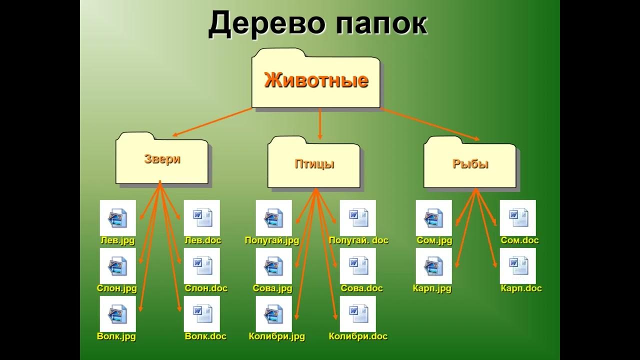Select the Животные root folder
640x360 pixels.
coord(316,80)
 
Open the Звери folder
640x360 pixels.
coord(162,159)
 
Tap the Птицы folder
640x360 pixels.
coord(314,164)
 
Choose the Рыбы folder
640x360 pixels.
coord(470,164)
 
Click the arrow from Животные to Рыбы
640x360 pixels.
coord(430,124)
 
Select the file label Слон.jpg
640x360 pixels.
coord(117,288)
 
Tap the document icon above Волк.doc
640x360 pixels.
coord(202,314)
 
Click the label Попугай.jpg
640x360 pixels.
coord(271,240)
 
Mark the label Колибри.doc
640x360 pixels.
coord(358,336)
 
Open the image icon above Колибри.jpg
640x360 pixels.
coord(274,314)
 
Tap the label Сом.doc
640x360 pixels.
coord(519,240)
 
